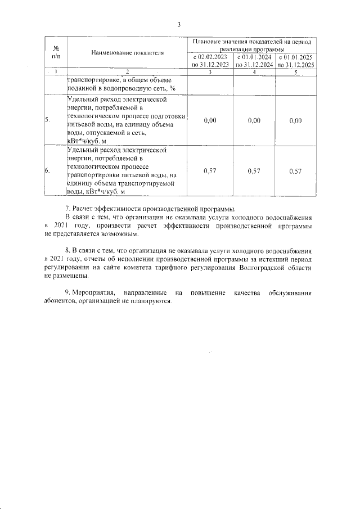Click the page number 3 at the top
click(x=179, y=24)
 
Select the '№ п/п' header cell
click(x=56, y=52)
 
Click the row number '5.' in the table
click(x=48, y=120)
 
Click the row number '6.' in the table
click(x=48, y=171)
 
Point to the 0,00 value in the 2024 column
click(x=254, y=120)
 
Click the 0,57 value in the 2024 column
click(x=254, y=171)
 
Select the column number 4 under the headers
click(x=254, y=71)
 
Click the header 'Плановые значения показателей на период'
click(x=251, y=42)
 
